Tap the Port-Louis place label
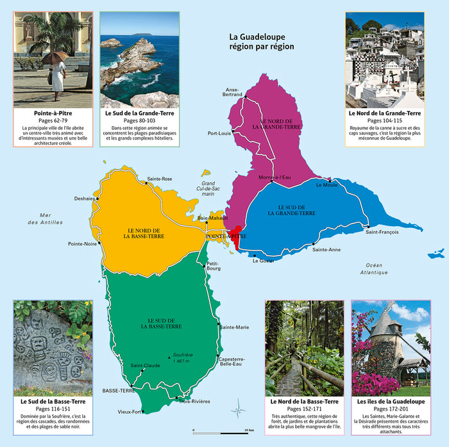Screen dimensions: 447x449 point(219,133)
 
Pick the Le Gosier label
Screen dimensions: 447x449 point(263,261)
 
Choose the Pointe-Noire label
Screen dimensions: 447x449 point(83,244)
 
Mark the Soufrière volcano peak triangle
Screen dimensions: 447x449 point(169,356)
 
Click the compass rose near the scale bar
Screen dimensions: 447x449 point(239,407)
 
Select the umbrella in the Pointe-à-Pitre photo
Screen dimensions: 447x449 point(55,58)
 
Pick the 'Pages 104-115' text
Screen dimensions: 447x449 point(384,120)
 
